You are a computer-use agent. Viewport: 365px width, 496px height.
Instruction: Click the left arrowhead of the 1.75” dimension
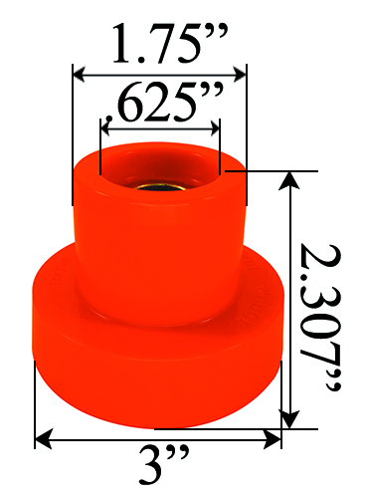pos(78,73)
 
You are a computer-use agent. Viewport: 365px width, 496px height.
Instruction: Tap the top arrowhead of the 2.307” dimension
pos(290,179)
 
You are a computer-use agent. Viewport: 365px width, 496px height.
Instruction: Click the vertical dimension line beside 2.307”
pos(290,299)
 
